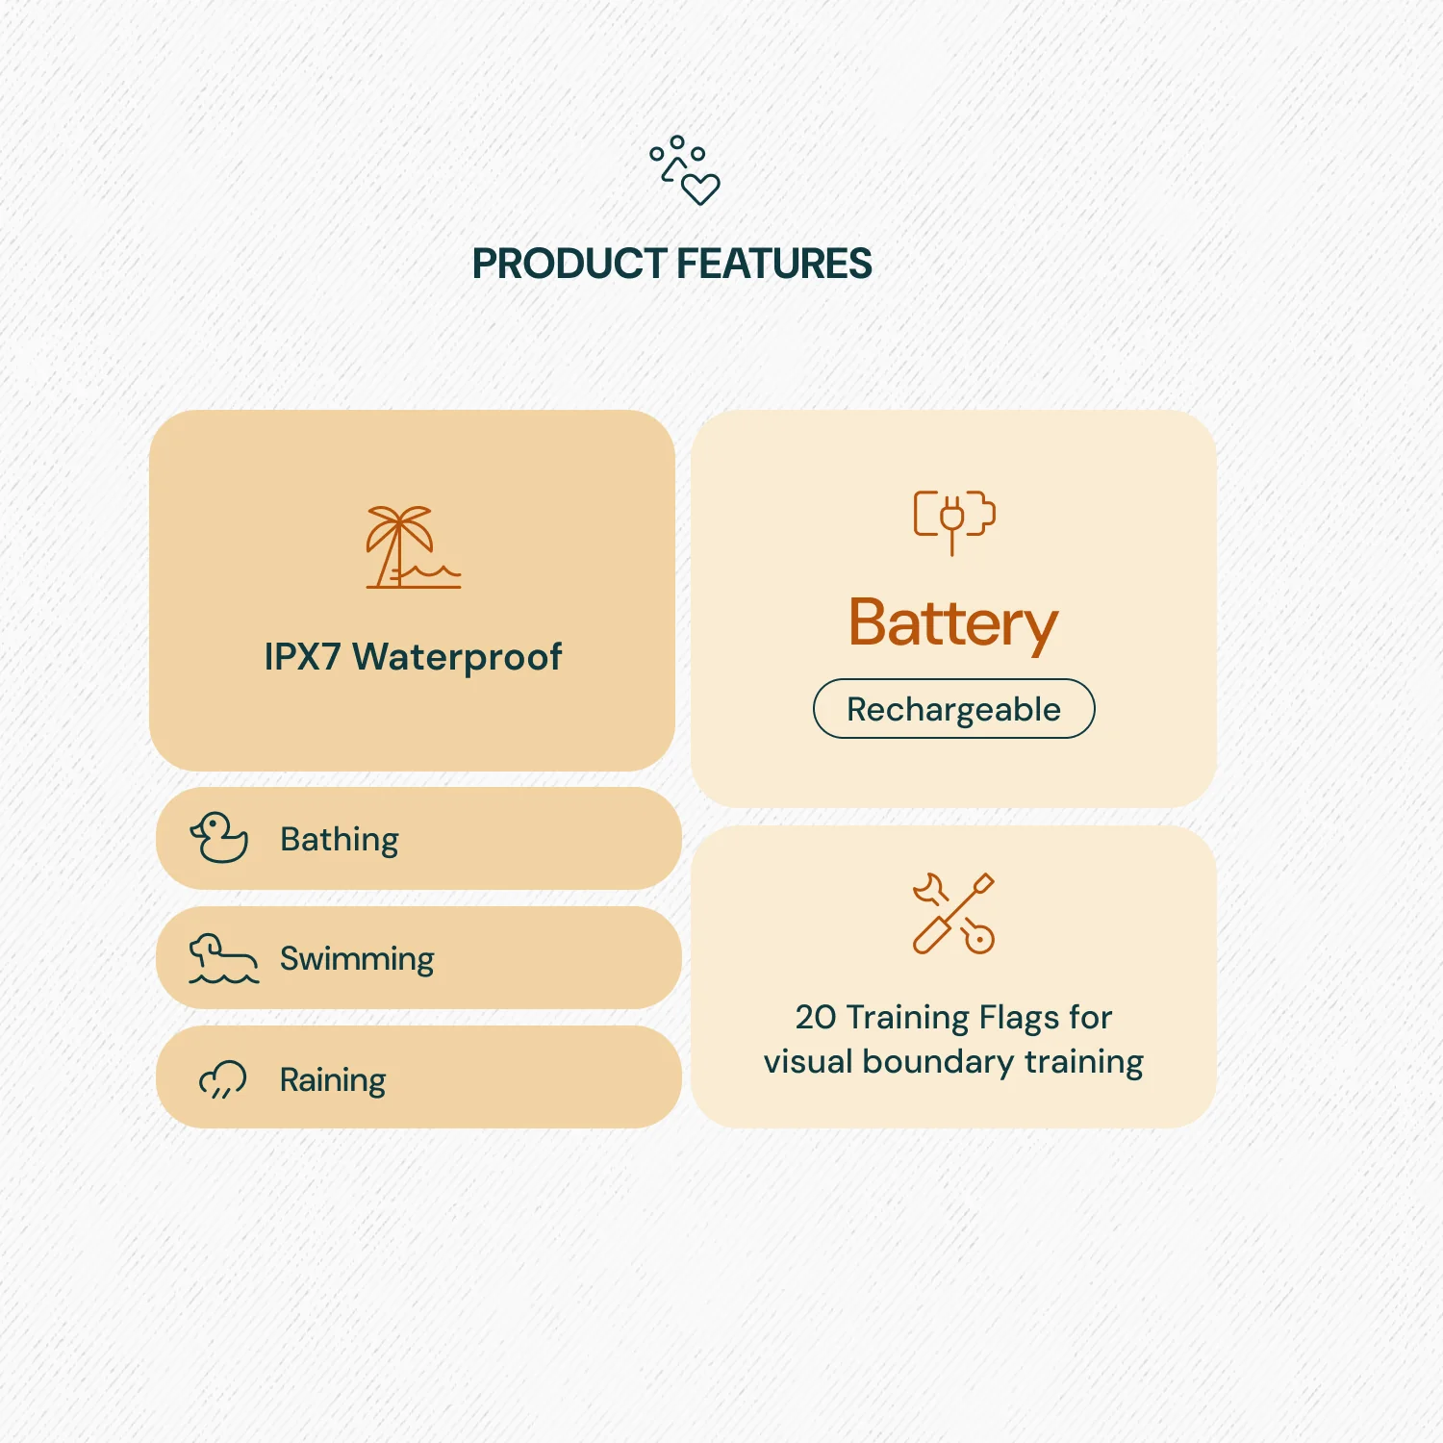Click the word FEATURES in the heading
(x=774, y=265)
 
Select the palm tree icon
(x=412, y=546)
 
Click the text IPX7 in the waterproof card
(x=302, y=657)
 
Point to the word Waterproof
(x=457, y=658)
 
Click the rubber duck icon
(x=219, y=838)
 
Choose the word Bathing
(x=340, y=840)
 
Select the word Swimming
(x=357, y=959)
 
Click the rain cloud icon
(x=222, y=1079)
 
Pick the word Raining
(x=333, y=1080)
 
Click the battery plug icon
(x=953, y=519)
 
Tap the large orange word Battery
(x=953, y=624)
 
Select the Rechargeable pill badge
(x=953, y=709)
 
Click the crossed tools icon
(x=953, y=913)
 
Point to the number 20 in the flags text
(x=816, y=1018)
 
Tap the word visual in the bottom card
(x=808, y=1062)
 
